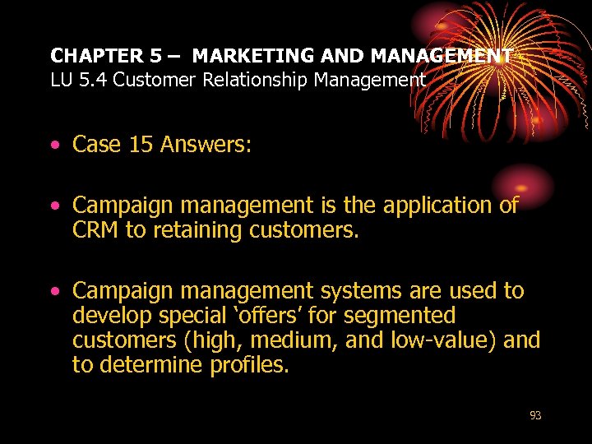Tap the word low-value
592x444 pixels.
tap(435, 340)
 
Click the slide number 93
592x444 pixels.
tap(535, 416)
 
